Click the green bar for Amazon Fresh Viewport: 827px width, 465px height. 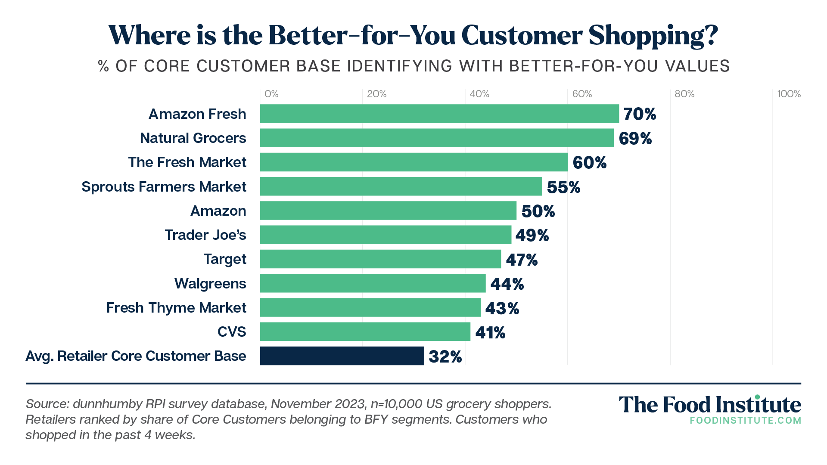[x=439, y=114]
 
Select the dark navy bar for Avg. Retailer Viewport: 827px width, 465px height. [x=342, y=356]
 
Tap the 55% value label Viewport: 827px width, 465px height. [x=563, y=187]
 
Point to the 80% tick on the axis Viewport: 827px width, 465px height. [x=684, y=94]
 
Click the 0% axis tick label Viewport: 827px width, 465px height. [x=271, y=94]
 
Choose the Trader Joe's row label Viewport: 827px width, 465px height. [x=205, y=235]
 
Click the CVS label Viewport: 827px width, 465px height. [x=232, y=332]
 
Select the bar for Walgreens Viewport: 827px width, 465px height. [x=373, y=283]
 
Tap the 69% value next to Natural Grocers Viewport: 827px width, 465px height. [x=635, y=139]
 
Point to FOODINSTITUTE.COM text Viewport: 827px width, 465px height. [x=745, y=421]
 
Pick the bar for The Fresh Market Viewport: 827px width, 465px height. [x=413, y=162]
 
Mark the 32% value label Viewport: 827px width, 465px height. [x=445, y=357]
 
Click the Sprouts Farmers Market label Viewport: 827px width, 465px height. [x=164, y=187]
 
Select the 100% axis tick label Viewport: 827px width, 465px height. [x=789, y=94]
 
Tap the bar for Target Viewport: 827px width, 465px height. [x=380, y=259]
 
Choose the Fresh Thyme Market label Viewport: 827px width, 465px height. [x=176, y=308]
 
